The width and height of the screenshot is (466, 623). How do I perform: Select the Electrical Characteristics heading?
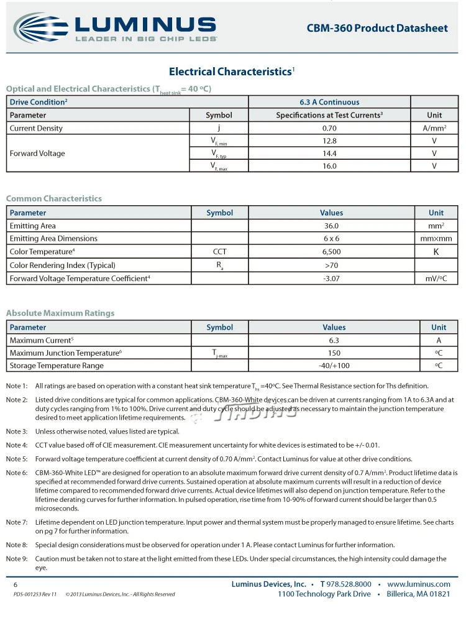(230, 72)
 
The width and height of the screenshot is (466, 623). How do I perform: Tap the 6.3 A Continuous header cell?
(329, 102)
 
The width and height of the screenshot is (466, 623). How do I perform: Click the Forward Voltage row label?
(37, 154)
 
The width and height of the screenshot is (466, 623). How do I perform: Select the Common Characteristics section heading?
(54, 198)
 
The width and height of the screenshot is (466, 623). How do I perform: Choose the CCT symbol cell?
(219, 252)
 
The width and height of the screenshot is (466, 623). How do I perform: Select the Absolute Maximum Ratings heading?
(60, 313)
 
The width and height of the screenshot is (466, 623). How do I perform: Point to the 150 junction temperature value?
(334, 353)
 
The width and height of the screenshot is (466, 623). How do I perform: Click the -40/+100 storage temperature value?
(334, 366)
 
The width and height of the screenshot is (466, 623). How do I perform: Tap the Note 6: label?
(17, 473)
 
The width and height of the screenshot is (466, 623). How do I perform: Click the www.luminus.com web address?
(418, 584)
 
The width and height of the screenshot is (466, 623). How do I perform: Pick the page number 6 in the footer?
(16, 585)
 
